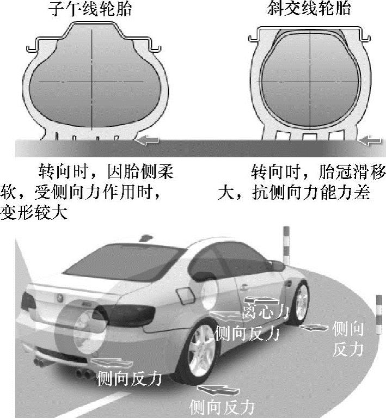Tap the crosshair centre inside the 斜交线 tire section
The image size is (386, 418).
(311, 77)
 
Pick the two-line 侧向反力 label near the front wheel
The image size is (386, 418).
(347, 338)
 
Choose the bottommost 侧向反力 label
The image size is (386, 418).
(221, 406)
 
